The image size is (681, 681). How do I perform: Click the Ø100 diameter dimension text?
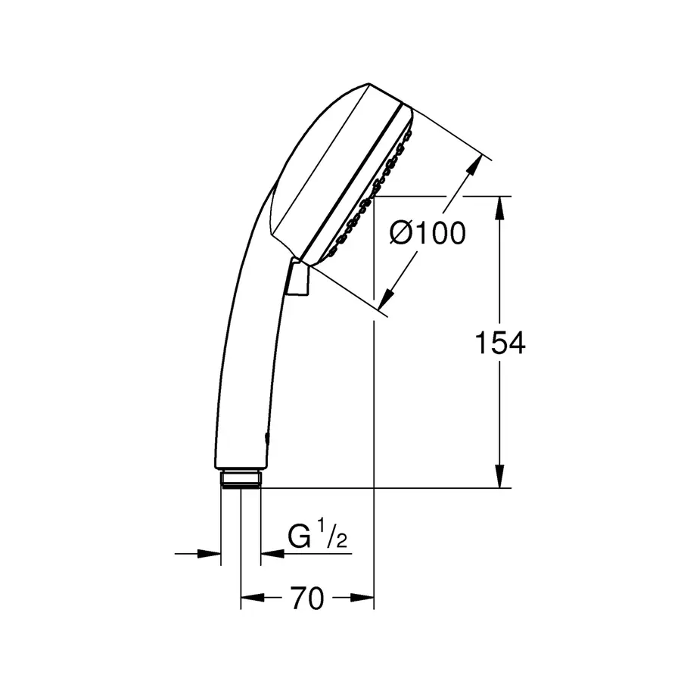pyautogui.click(x=428, y=234)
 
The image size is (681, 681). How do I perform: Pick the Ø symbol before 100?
pyautogui.click(x=402, y=234)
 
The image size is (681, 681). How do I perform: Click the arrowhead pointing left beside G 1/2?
pyautogui.click(x=271, y=554)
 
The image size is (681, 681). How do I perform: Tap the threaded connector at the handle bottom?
pyautogui.click(x=241, y=478)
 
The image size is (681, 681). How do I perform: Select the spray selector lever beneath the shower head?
pyautogui.click(x=298, y=278)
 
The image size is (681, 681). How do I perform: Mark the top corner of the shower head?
pyautogui.click(x=368, y=84)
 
